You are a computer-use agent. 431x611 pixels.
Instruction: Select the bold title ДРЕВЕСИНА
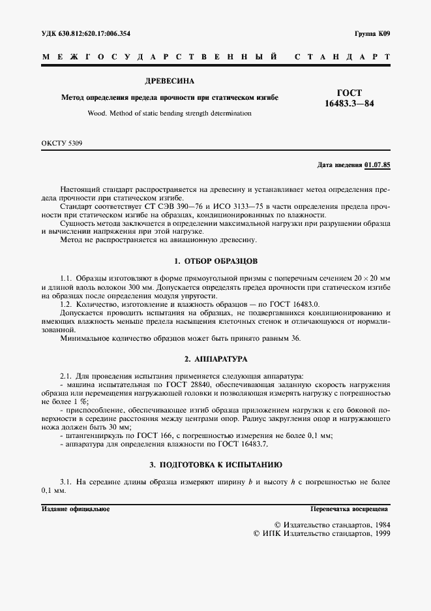point(169,82)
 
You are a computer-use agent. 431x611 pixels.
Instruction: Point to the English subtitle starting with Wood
point(169,113)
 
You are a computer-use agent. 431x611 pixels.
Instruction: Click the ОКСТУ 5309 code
point(62,142)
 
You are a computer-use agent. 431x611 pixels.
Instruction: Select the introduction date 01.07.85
point(378,164)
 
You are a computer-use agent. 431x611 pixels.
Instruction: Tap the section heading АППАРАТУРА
point(222,359)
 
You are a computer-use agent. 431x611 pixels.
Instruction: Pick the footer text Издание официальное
point(75,508)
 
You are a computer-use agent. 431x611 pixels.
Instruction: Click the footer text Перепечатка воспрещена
point(350,508)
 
